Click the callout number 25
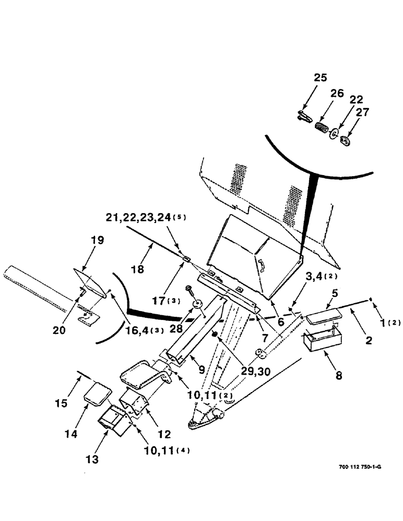(x=320, y=78)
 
